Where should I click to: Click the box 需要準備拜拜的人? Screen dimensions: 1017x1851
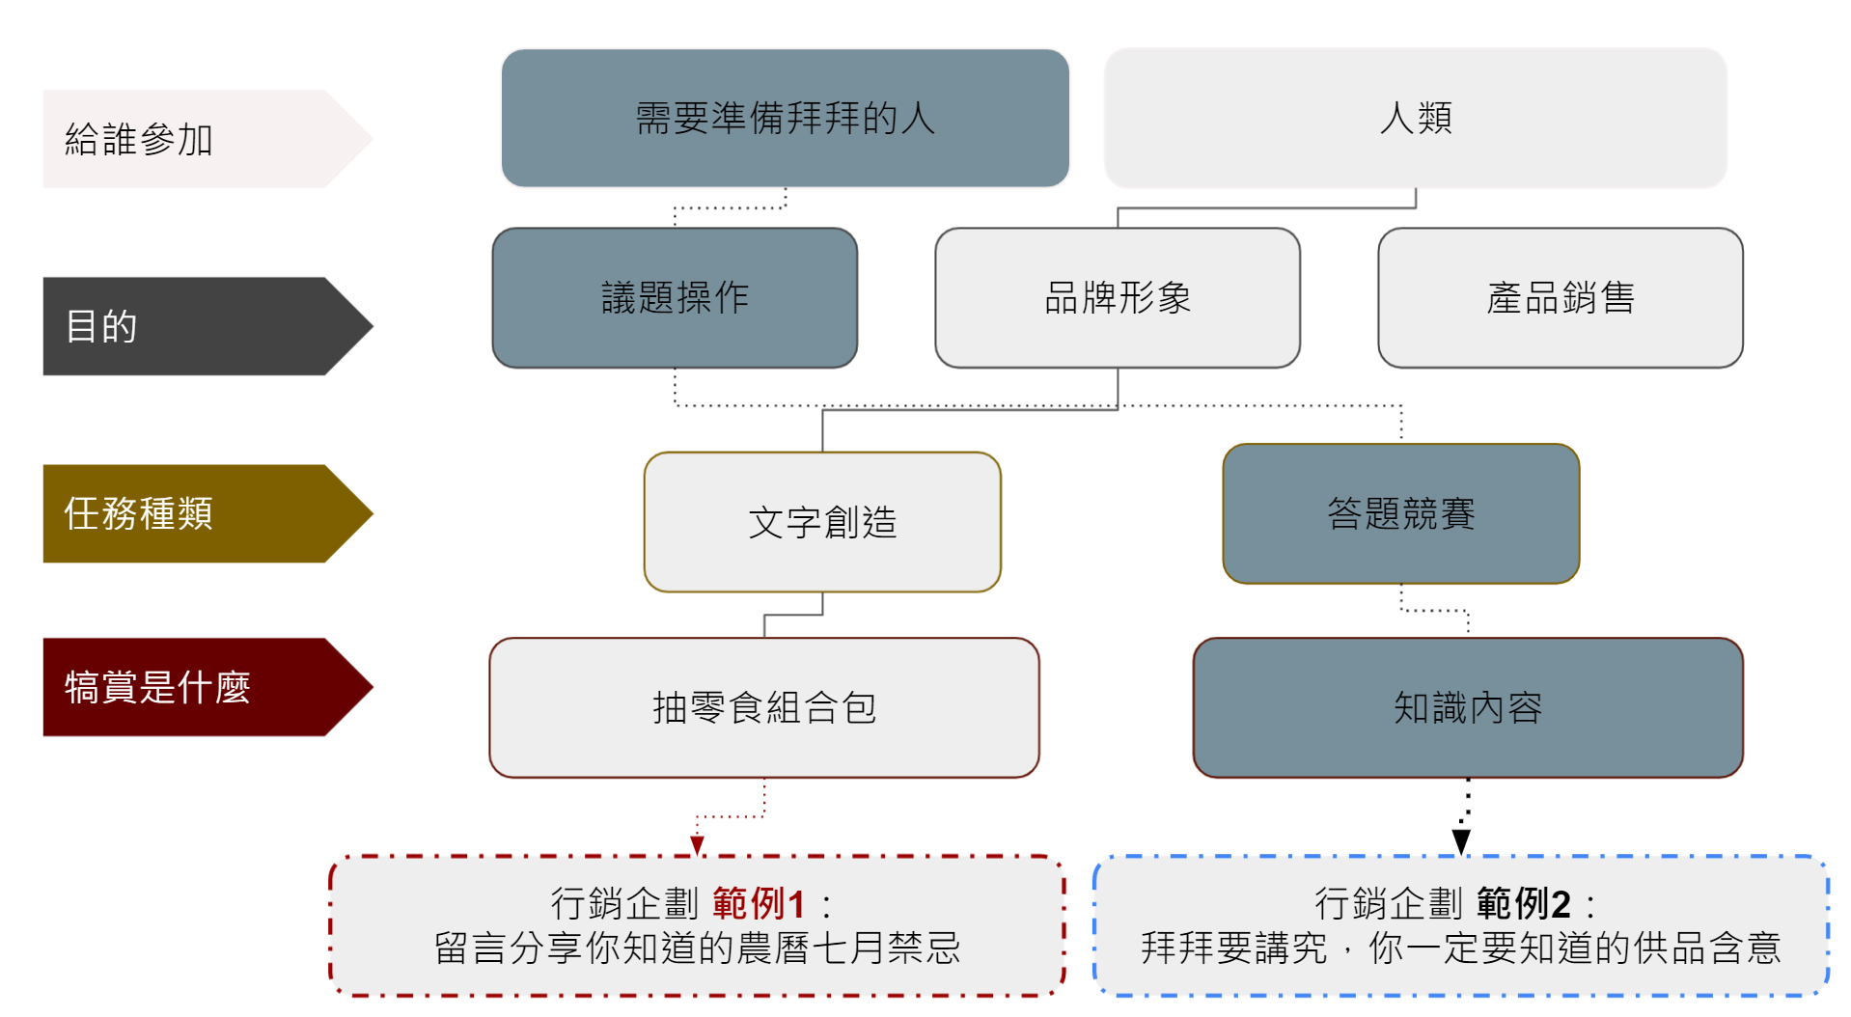[785, 118]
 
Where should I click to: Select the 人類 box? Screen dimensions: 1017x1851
[1415, 118]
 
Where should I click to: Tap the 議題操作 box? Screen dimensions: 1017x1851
[675, 297]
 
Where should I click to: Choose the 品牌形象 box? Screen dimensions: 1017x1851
[1118, 297]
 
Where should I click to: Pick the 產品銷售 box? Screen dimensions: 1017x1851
[1560, 297]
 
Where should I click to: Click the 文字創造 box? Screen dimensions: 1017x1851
[822, 522]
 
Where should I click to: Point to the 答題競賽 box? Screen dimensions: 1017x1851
[1400, 513]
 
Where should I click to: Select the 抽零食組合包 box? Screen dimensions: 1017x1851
[763, 707]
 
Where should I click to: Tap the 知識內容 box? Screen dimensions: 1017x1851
[1467, 707]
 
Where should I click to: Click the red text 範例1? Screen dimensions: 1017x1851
[759, 904]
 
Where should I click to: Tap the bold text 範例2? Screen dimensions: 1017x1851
[1523, 904]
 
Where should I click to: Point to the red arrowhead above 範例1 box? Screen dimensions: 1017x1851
[697, 846]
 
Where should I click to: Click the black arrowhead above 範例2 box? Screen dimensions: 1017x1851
[1461, 842]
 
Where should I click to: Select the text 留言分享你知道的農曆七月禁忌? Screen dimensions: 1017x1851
[697, 948]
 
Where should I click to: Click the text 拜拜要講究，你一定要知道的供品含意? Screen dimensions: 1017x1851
[1460, 948]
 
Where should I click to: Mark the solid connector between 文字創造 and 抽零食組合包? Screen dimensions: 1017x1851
[792, 615]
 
